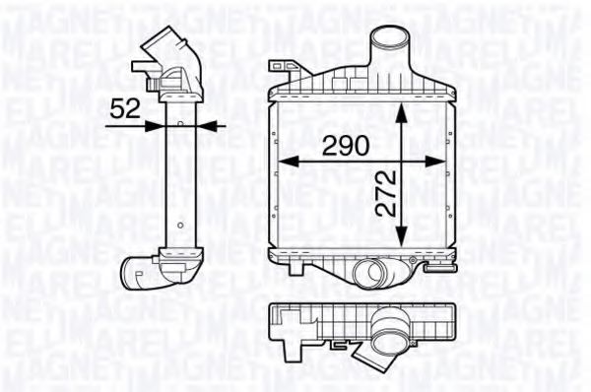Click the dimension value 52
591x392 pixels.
125,108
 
